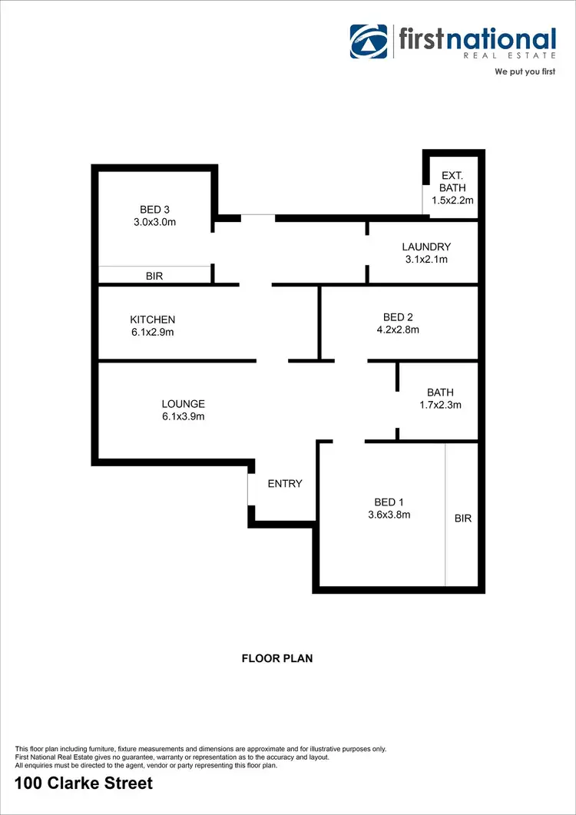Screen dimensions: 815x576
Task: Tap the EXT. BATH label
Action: [x=452, y=182]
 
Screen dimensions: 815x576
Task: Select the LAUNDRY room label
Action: [x=426, y=247]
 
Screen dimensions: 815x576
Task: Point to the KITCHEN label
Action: [x=153, y=320]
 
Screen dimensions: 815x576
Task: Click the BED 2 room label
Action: [x=399, y=316]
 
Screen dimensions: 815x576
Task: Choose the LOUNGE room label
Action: [x=183, y=404]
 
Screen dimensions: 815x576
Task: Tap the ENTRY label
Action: [x=285, y=484]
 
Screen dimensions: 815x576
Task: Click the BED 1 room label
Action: [x=389, y=502]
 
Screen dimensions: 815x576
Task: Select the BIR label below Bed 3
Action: [x=154, y=276]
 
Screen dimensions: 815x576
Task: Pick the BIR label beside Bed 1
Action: [x=463, y=518]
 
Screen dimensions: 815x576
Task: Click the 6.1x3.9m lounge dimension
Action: [x=183, y=417]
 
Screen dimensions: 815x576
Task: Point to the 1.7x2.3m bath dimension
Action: [x=440, y=406]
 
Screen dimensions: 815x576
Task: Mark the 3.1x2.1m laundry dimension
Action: [x=426, y=260]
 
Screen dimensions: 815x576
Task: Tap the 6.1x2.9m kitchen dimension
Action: [x=153, y=333]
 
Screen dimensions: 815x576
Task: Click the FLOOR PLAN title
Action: [x=277, y=658]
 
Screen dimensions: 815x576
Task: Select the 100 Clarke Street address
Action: [x=84, y=784]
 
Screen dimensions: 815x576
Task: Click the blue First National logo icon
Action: [x=369, y=41]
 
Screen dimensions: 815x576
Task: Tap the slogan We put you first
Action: [x=525, y=71]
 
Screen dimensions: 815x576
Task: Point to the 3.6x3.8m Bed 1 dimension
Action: [x=389, y=515]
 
